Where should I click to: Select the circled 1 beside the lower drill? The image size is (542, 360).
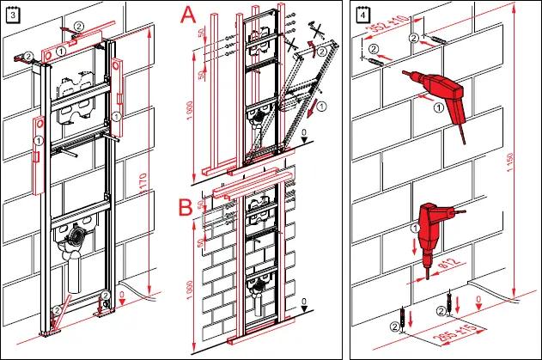point(415,229)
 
